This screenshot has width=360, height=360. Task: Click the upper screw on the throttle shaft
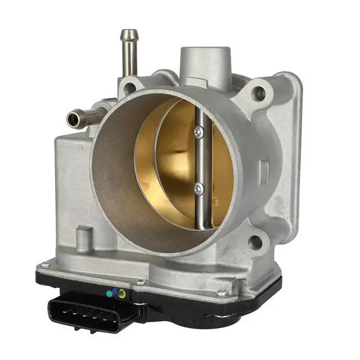[x=198, y=132]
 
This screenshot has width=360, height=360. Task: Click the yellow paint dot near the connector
[x=121, y=293]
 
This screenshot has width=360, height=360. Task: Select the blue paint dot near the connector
[x=115, y=292]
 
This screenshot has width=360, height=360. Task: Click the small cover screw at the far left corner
[x=44, y=264]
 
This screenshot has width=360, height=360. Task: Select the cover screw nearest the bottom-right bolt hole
[x=222, y=292]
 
